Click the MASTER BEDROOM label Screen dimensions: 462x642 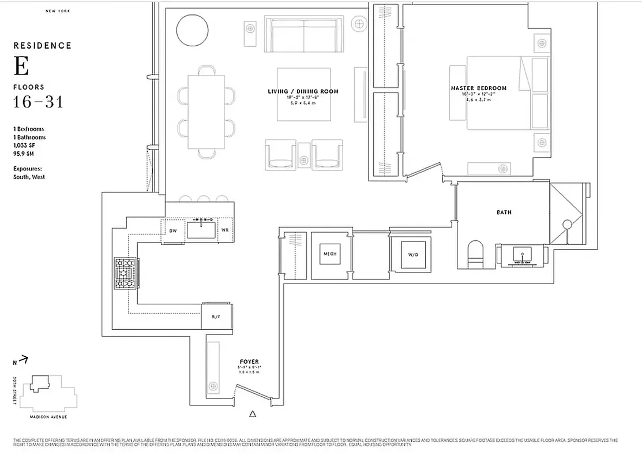[x=478, y=88]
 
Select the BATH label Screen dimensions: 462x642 [x=504, y=213]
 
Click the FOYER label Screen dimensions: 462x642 [x=249, y=362]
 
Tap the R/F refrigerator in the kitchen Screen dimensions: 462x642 [x=216, y=316]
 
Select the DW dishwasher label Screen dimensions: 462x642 [x=172, y=230]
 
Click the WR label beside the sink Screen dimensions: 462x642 [x=225, y=230]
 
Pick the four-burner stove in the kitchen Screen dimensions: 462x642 [x=126, y=274]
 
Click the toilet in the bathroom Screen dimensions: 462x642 [x=476, y=254]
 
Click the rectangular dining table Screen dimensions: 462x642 [x=207, y=111]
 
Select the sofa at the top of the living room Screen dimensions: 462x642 [x=304, y=34]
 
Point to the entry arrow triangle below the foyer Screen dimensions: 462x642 [x=252, y=413]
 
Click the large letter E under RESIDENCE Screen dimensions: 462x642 [x=21, y=67]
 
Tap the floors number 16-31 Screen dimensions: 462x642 [x=38, y=103]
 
